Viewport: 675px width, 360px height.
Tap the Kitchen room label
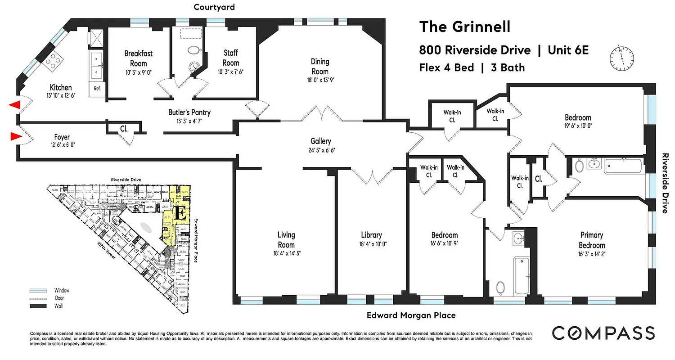point(60,87)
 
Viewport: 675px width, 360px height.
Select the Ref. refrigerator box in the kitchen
point(97,89)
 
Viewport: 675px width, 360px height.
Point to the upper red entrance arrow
point(15,105)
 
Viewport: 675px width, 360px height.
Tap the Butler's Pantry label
point(189,112)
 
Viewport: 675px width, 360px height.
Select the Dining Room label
point(320,66)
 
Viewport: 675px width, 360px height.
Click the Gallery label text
point(321,141)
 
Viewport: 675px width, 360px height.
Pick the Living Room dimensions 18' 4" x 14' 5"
point(286,253)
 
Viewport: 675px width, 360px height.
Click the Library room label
point(371,235)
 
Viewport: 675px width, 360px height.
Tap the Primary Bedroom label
point(592,240)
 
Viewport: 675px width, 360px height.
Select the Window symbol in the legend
point(38,291)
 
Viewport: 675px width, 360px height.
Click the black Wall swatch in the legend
point(38,306)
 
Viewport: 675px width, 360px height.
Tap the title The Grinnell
point(465,27)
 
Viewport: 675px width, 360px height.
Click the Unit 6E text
point(568,50)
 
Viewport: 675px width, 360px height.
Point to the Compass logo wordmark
point(603,333)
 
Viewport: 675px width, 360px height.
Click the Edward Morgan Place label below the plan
point(410,315)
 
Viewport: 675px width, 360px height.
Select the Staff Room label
point(231,58)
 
